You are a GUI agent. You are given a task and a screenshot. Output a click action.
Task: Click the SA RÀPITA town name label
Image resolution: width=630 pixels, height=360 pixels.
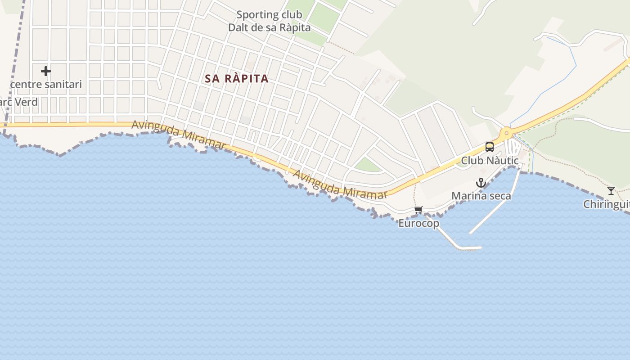pos(237,79)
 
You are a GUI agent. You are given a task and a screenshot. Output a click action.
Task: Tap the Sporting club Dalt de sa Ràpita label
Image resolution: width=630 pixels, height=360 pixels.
pos(269,21)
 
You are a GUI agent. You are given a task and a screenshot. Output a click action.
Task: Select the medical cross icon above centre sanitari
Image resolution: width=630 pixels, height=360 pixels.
pos(45,71)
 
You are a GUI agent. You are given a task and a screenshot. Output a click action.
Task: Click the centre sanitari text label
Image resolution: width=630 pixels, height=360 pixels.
pos(46,84)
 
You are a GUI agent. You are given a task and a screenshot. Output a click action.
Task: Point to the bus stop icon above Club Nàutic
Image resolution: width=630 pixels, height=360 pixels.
pos(489,147)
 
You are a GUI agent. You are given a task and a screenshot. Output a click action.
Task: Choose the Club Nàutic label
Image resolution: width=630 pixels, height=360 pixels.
pos(490,161)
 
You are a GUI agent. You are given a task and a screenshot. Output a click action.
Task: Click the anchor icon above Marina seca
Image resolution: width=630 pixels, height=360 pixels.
pos(481,183)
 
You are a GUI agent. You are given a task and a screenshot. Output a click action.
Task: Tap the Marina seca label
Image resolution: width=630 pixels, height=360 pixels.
pos(481,196)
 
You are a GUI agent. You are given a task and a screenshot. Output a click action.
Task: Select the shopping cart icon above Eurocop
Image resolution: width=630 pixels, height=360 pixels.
pos(418,210)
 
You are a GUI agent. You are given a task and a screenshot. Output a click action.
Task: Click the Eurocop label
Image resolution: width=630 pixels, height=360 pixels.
pos(418,223)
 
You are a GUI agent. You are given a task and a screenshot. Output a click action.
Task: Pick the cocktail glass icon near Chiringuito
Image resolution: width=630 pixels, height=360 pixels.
pos(611,190)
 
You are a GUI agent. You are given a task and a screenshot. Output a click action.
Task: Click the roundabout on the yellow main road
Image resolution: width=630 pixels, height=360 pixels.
pos(507,133)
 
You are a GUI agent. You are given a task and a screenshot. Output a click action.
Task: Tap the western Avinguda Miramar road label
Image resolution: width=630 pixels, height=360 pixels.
pos(178,135)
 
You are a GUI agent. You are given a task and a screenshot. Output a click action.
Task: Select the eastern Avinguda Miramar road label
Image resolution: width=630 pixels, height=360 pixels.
pos(340,184)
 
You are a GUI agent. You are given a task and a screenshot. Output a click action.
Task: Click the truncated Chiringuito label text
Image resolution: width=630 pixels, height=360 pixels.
pos(606,204)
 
